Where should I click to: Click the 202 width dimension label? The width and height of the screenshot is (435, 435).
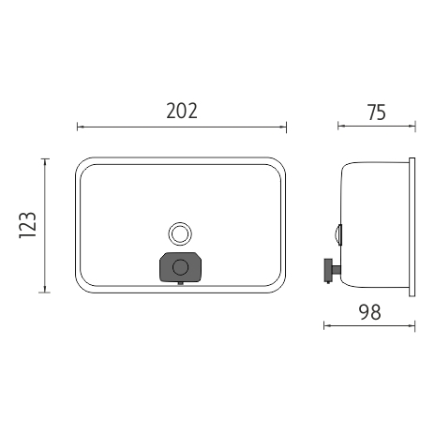pyautogui.click(x=182, y=111)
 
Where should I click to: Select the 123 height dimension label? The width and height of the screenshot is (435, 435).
pyautogui.click(x=28, y=225)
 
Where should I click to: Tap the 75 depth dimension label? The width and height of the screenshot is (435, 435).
pyautogui.click(x=377, y=112)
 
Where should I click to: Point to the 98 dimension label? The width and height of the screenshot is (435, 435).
pyautogui.click(x=370, y=312)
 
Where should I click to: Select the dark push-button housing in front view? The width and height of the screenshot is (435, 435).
pyautogui.click(x=180, y=267)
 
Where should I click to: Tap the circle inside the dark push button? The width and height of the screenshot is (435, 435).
pyautogui.click(x=180, y=267)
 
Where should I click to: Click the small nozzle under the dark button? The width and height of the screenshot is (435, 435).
pyautogui.click(x=180, y=283)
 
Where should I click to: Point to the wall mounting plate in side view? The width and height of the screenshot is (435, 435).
pyautogui.click(x=412, y=227)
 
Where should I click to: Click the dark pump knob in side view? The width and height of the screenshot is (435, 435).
pyautogui.click(x=328, y=270)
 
